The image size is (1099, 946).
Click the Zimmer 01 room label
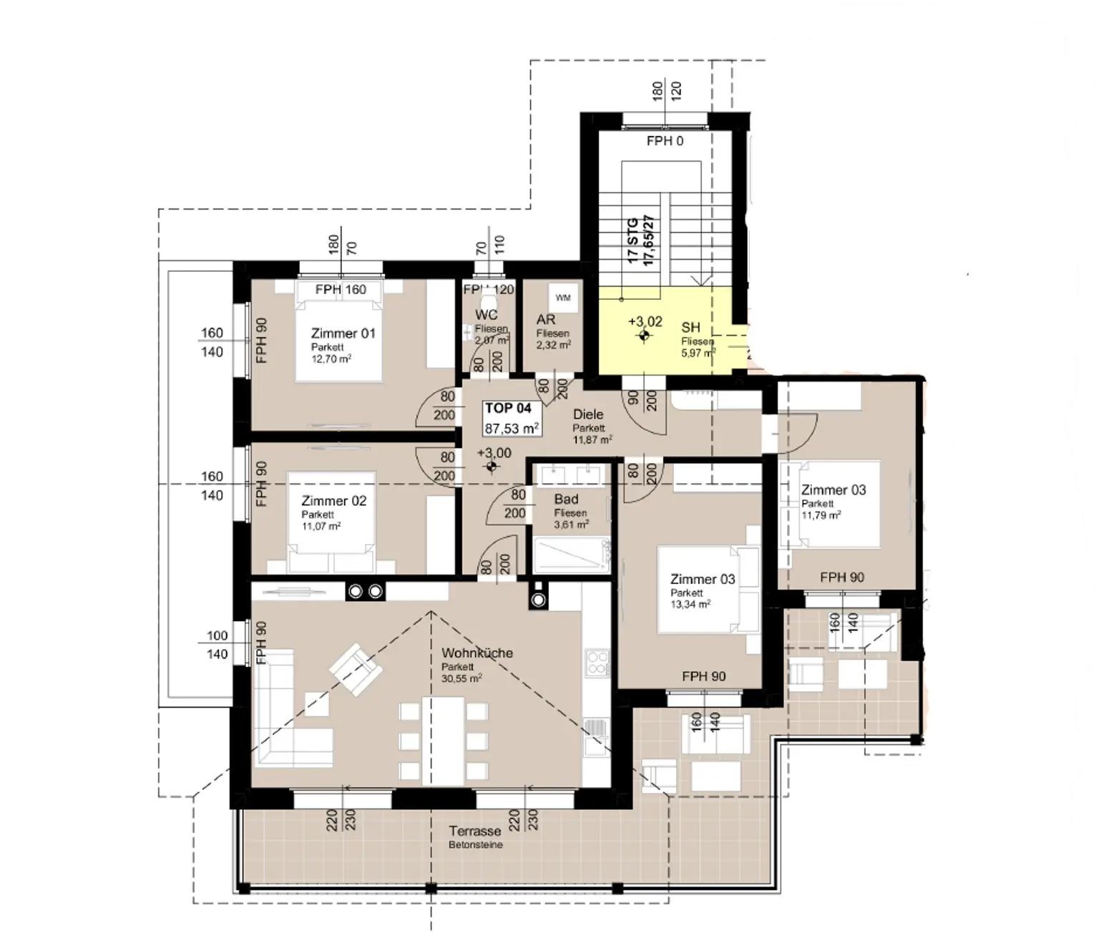pos(343,333)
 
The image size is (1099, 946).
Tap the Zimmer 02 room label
pos(333,501)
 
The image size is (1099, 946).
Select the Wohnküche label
pos(477,653)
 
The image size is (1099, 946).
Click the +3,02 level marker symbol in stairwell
pos(644,336)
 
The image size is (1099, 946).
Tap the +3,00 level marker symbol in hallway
pos(491,467)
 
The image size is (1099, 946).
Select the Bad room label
pos(566,499)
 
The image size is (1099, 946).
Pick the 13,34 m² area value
pos(690,605)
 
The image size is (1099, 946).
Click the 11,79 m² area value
pos(821,515)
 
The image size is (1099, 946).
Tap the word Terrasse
pos(475,832)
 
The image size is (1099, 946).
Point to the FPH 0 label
pos(665,141)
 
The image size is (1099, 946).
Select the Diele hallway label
pos(588,414)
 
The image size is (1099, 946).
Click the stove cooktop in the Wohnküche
pos(596,662)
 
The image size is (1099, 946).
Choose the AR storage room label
pos(546,321)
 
